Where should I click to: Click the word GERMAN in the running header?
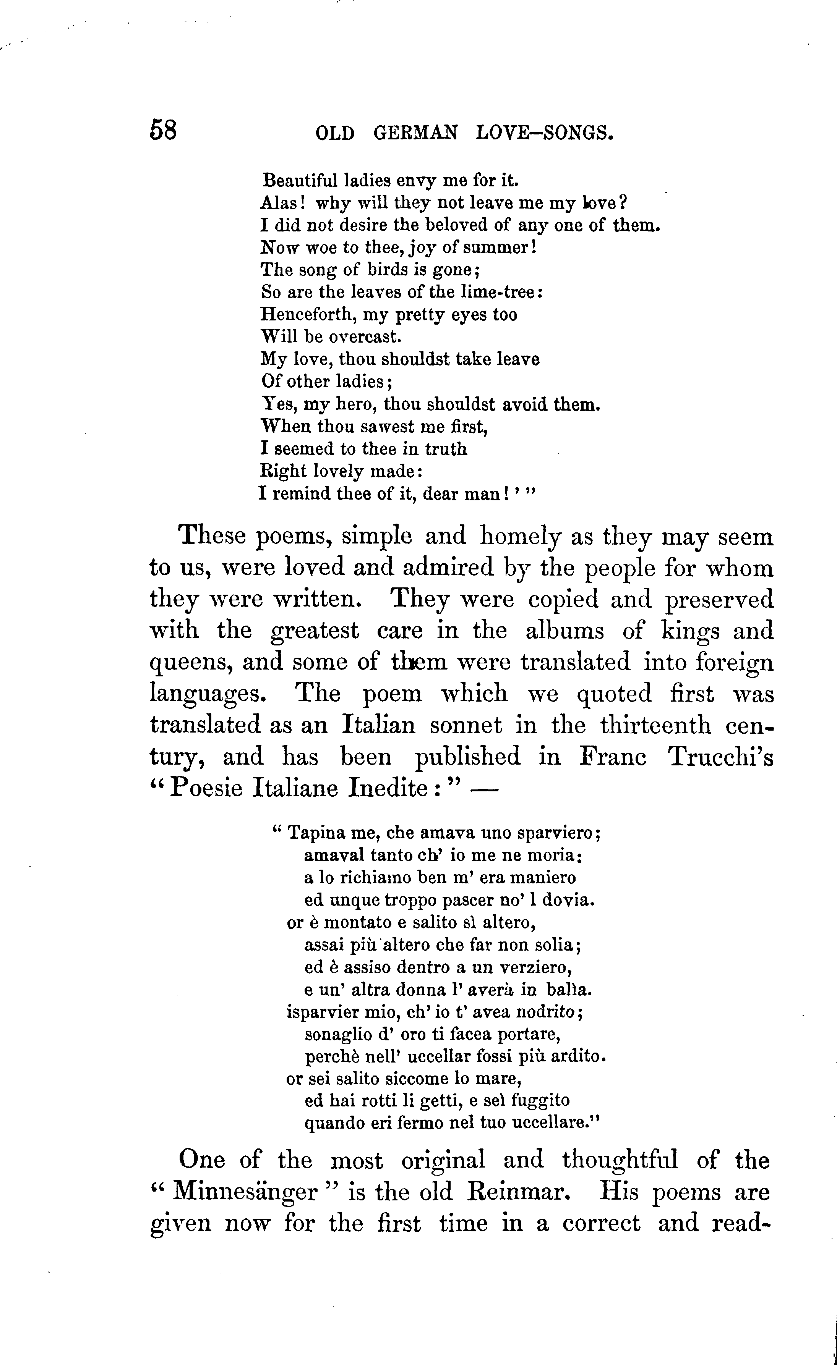(416, 134)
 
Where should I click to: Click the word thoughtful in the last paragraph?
(619, 1160)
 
